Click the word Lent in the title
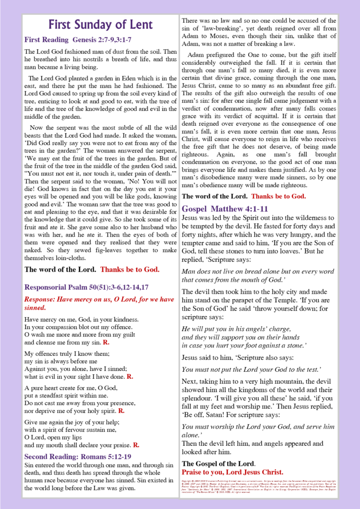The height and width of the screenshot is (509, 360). click(x=140, y=25)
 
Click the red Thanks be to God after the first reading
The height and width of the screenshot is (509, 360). click(x=130, y=270)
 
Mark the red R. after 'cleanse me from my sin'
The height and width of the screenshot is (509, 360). click(x=106, y=343)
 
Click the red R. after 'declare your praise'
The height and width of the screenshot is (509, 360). click(x=136, y=445)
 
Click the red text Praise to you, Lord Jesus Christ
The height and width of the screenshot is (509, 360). click(x=232, y=472)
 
